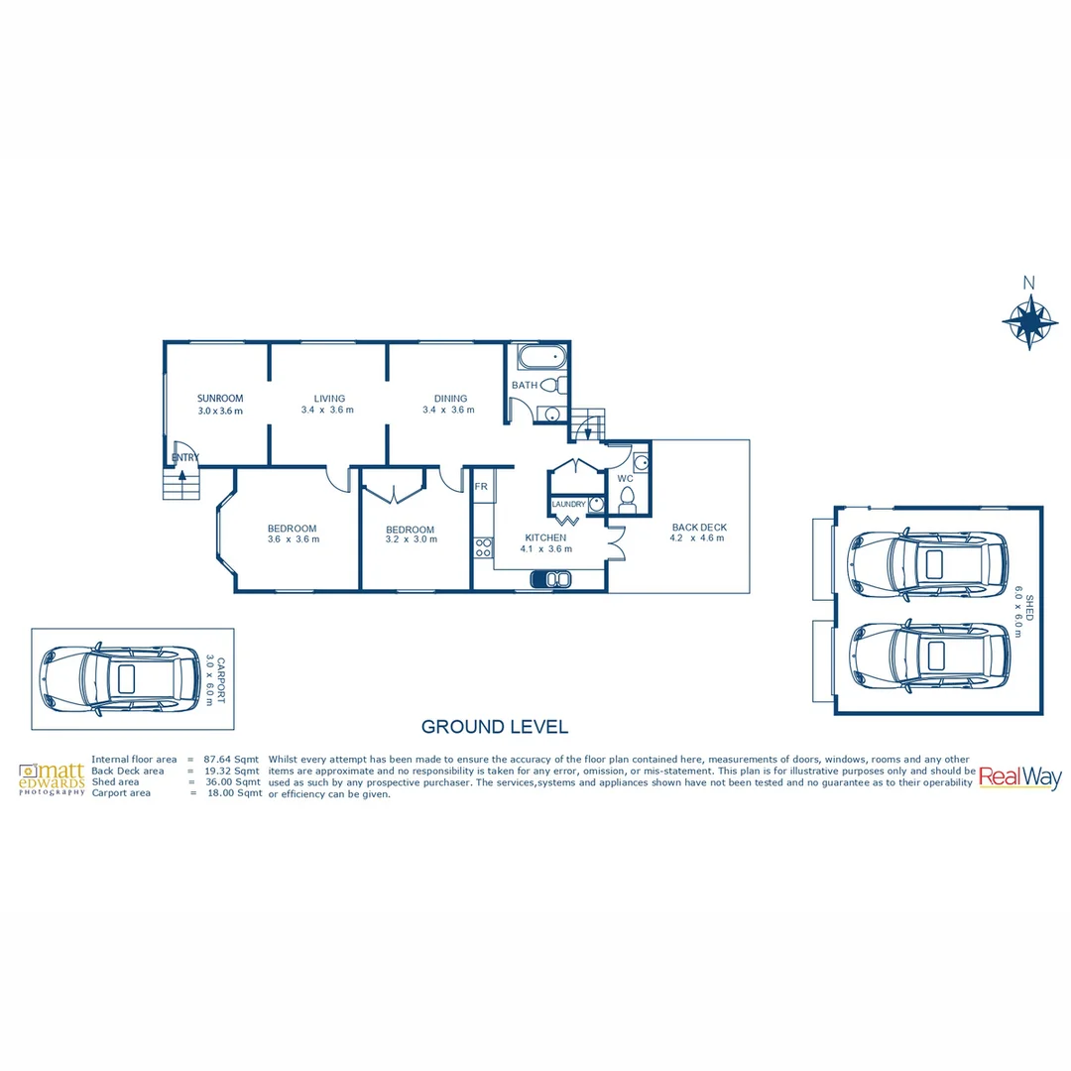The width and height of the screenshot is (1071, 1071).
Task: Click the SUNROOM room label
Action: click(x=220, y=399)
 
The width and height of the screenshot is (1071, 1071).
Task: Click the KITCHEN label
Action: click(x=545, y=537)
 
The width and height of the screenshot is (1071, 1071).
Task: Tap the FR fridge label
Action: click(x=481, y=487)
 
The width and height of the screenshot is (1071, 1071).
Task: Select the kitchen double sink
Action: click(x=550, y=578)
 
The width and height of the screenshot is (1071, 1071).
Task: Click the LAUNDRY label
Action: click(x=568, y=505)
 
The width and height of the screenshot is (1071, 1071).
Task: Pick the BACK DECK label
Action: click(x=698, y=527)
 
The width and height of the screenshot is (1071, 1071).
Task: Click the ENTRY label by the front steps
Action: click(x=185, y=457)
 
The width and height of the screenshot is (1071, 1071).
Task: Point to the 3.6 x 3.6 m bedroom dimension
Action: click(x=294, y=539)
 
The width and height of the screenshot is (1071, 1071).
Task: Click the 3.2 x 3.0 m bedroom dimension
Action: click(x=411, y=540)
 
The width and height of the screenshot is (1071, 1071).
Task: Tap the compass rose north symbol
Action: click(x=1030, y=319)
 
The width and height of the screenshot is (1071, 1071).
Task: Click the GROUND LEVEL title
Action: click(x=495, y=727)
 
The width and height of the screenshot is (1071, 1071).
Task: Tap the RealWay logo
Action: click(x=1019, y=777)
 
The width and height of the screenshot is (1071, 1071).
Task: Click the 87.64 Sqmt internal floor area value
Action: click(x=232, y=759)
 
